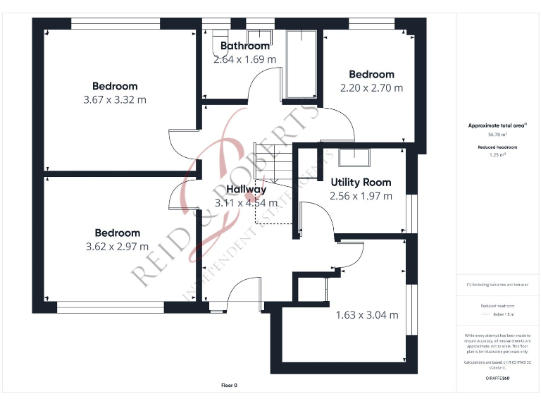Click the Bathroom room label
[x=245, y=46]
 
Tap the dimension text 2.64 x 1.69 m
[x=245, y=59]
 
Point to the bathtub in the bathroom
[x=303, y=63]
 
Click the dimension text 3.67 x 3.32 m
[x=115, y=99]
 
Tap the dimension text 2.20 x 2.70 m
[x=371, y=88]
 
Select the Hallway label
[x=246, y=190]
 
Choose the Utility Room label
[x=361, y=182]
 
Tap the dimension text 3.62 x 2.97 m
[x=117, y=246]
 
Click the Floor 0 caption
[x=230, y=385]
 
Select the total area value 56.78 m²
[x=497, y=133]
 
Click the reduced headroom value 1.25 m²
[x=497, y=154]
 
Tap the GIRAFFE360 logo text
[x=497, y=379]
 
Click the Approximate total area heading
[x=497, y=125]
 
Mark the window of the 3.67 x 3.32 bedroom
[x=116, y=24]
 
